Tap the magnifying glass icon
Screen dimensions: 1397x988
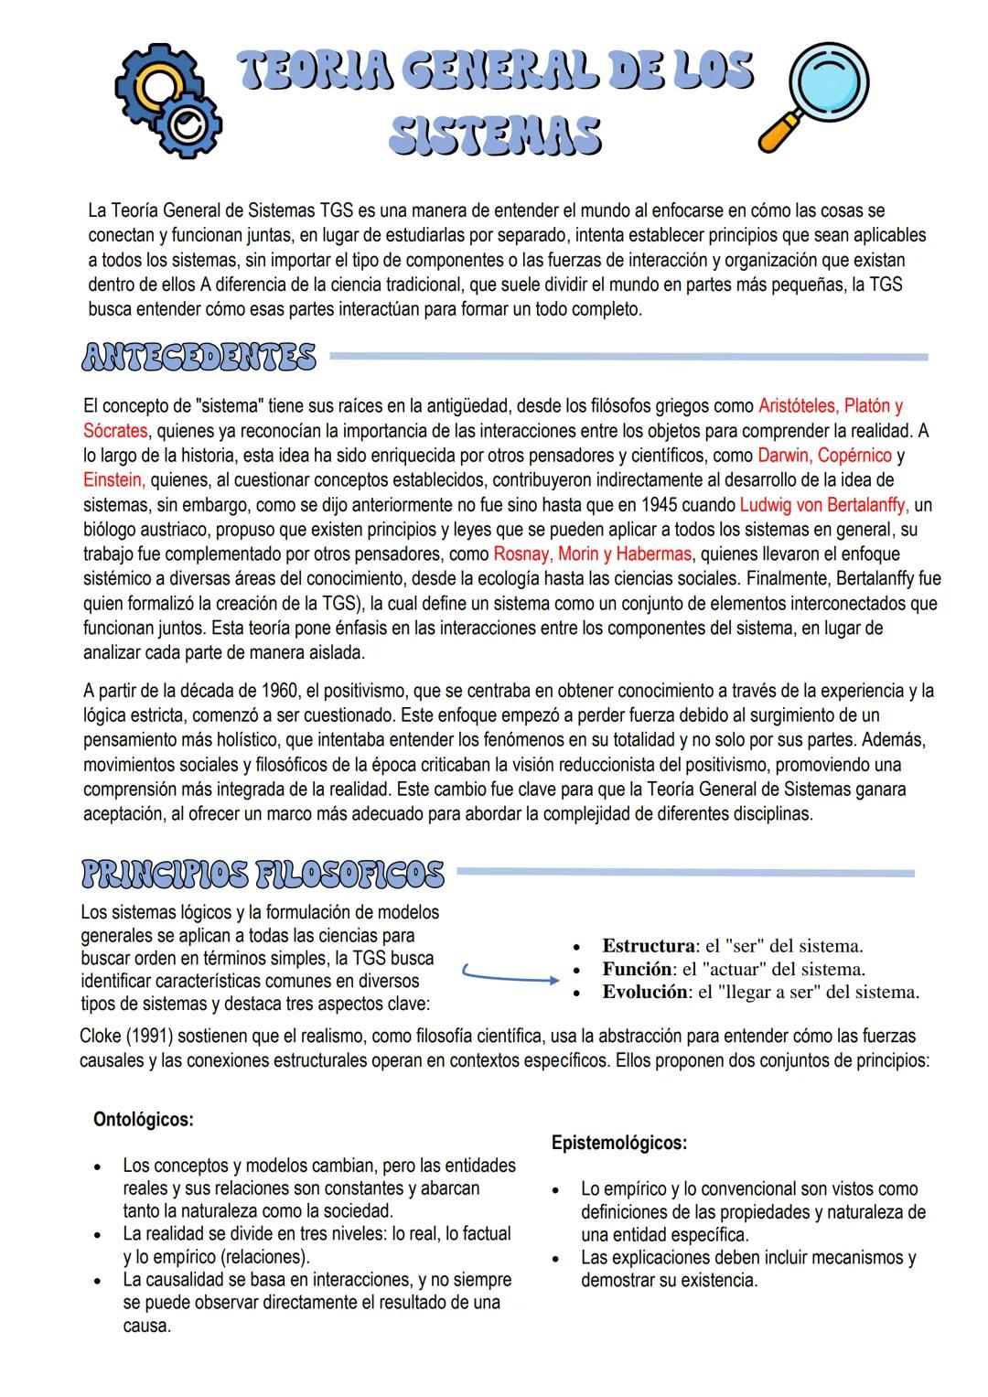click(x=812, y=95)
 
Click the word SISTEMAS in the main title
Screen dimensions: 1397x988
click(x=495, y=135)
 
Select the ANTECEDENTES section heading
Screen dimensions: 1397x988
click(x=199, y=358)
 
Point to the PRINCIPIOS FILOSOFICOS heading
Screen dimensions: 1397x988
click(x=263, y=874)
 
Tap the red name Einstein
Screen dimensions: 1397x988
click(x=113, y=479)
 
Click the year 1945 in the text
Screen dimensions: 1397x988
click(x=659, y=504)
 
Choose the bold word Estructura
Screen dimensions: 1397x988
click(x=648, y=946)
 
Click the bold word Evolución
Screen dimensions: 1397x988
click(x=644, y=992)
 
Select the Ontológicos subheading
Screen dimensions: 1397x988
click(x=143, y=1119)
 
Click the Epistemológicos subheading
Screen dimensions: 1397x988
click(x=619, y=1143)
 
